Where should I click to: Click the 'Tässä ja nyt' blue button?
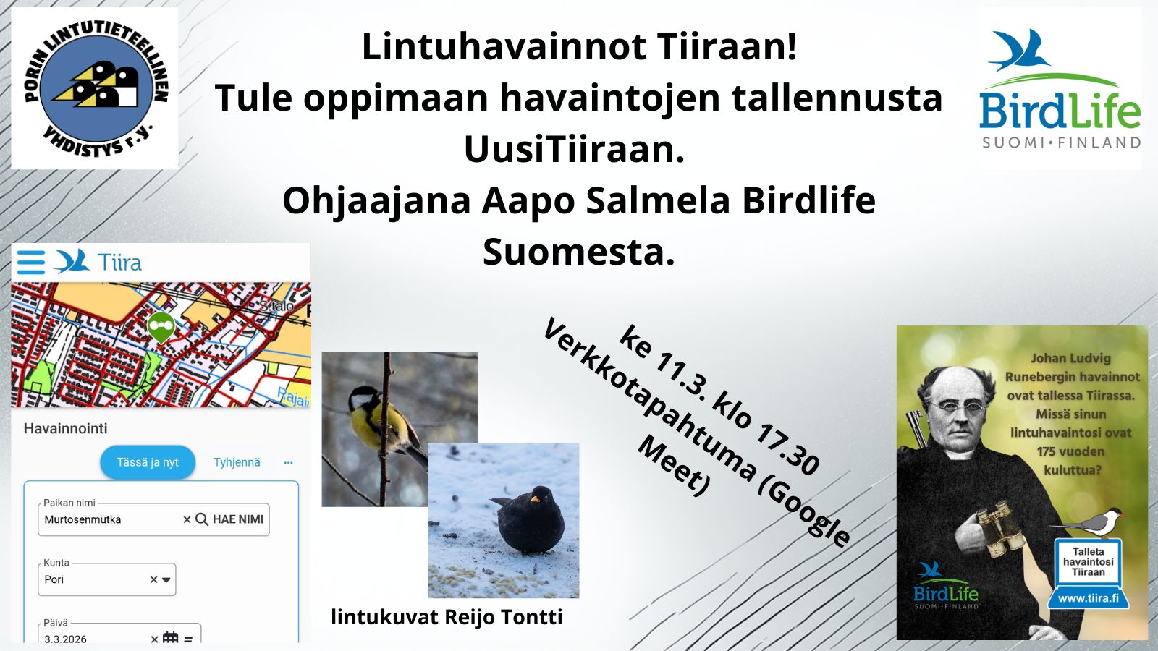coord(148,462)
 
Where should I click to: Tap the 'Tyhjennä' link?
coord(237,462)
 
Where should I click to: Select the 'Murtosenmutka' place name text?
coord(83,520)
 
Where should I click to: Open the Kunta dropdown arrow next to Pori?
coord(166,579)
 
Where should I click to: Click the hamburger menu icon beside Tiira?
coord(31,263)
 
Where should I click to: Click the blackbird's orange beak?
coord(536,499)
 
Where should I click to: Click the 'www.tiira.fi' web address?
coord(1089,598)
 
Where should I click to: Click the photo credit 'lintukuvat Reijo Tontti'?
coord(447,617)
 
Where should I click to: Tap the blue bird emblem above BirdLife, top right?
coord(1019,50)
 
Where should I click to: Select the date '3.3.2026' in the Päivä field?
coord(66,639)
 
